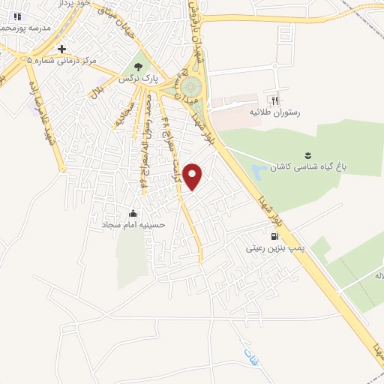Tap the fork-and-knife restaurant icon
tap(274, 100)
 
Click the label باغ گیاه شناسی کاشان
tap(327, 166)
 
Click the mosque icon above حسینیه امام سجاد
tap(133, 212)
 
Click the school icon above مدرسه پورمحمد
tap(16, 16)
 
